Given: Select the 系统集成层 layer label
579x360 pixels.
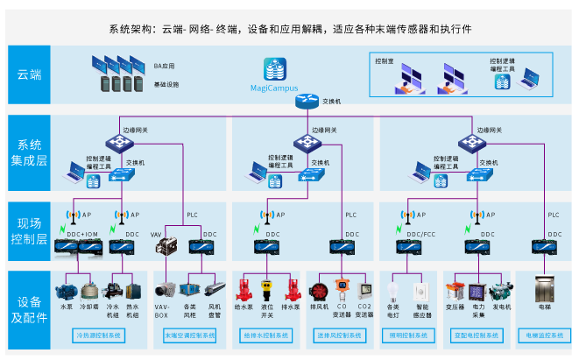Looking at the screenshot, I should pyautogui.click(x=29, y=152).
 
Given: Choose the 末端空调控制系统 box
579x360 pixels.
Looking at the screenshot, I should pyautogui.click(x=190, y=335).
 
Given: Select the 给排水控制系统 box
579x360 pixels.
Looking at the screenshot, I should pyautogui.click(x=267, y=335).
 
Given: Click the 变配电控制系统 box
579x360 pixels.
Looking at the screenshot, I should pyautogui.click(x=477, y=335).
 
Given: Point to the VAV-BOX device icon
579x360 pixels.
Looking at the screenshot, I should pyautogui.click(x=163, y=290).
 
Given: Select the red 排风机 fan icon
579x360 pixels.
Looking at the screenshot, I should pyautogui.click(x=321, y=290).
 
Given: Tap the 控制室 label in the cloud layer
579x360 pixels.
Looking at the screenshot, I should pyautogui.click(x=384, y=61).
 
